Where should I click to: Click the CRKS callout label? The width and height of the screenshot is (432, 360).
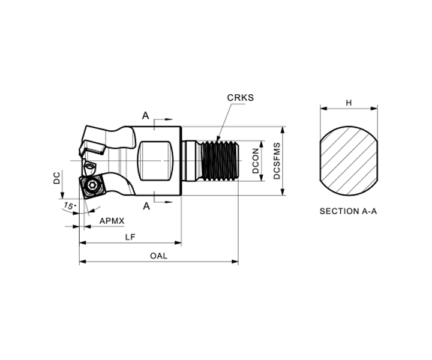coord(240,98)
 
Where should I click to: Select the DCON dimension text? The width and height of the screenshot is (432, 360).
coord(256,161)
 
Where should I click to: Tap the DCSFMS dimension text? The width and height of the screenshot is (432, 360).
coord(277,161)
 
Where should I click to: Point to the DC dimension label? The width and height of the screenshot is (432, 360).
coord(57,178)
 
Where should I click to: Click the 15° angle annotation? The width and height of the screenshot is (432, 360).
coord(70,206)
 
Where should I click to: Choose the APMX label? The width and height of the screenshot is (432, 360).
coord(112,221)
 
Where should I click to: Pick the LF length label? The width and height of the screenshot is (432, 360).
coord(130,237)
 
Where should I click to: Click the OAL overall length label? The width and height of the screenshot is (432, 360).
coord(158,256)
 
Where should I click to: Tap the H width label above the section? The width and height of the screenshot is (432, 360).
coord(349,103)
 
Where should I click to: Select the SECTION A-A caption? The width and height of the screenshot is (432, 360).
coord(348,211)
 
